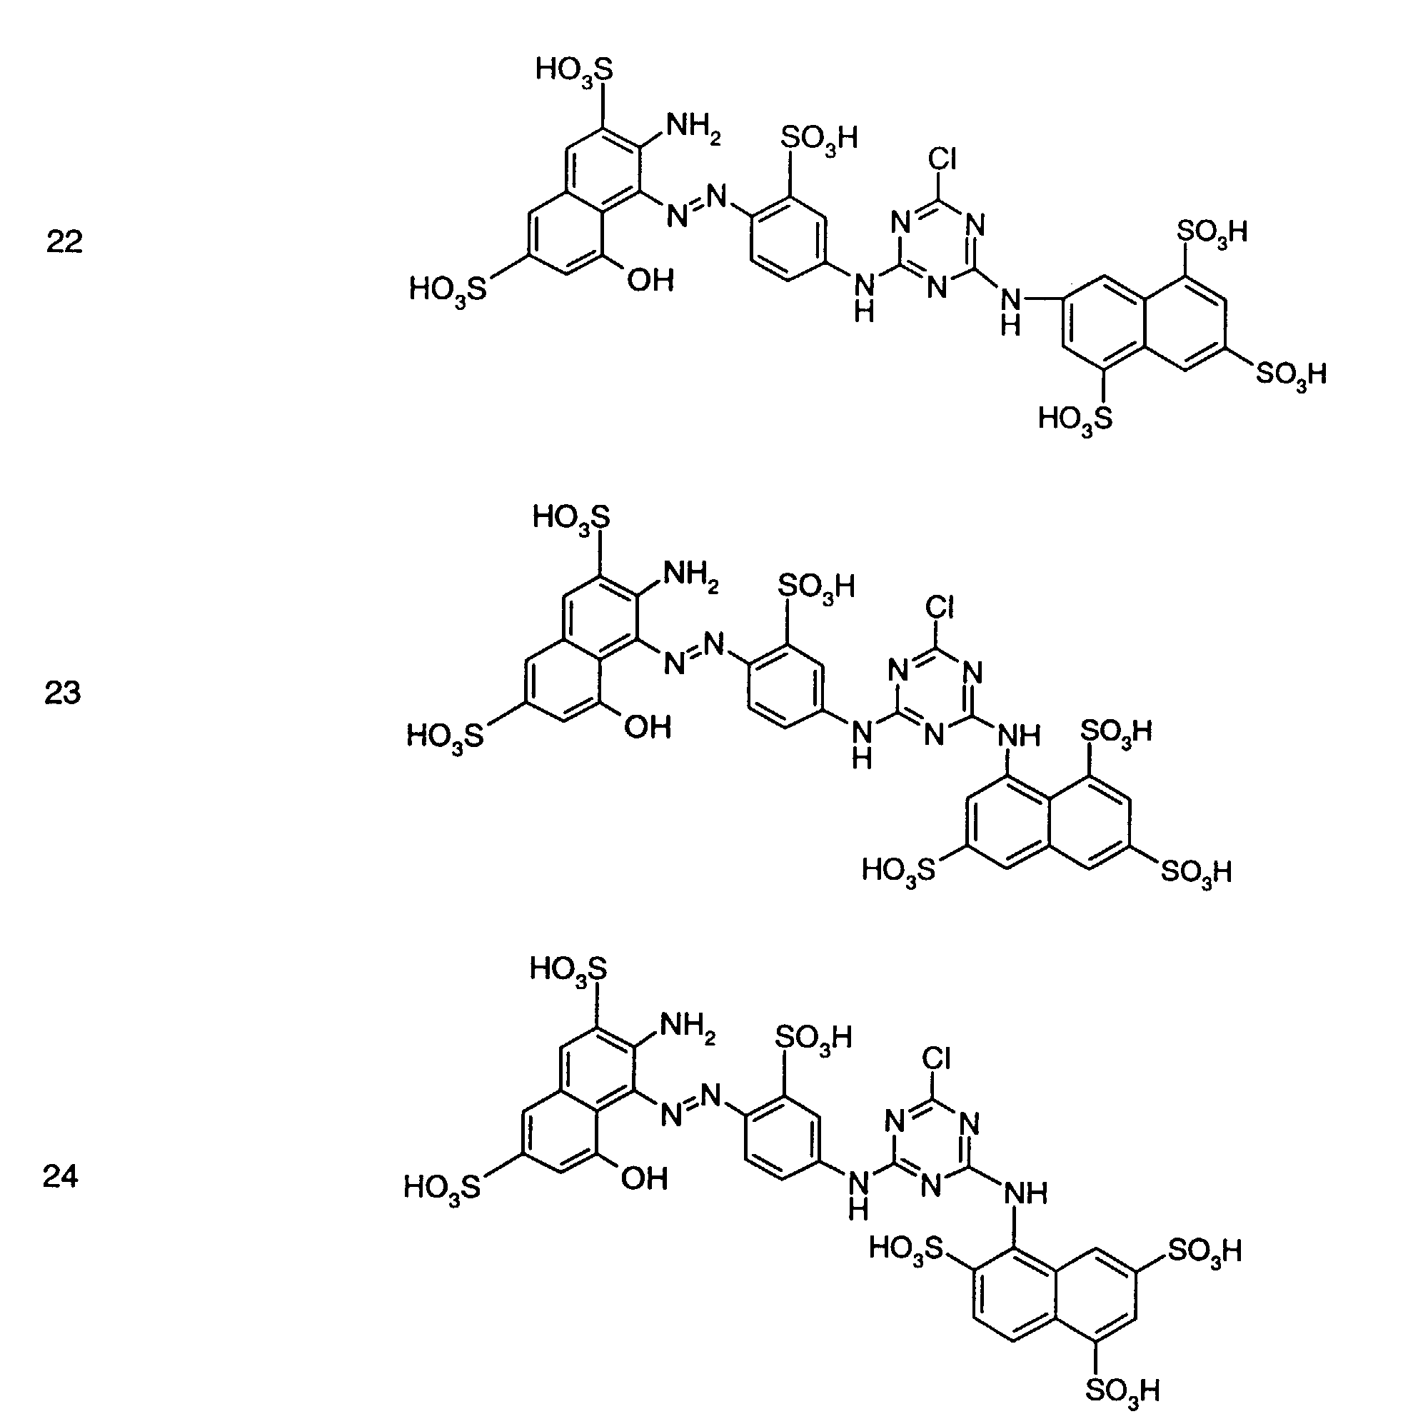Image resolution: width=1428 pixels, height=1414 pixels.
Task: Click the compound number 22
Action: (64, 241)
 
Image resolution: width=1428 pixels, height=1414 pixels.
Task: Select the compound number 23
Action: (63, 693)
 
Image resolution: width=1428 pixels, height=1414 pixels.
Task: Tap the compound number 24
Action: (61, 1176)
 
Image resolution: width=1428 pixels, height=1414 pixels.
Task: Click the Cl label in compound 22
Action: (942, 159)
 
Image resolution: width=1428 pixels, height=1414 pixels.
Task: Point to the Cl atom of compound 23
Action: (940, 608)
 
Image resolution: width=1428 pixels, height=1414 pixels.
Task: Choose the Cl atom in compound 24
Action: (937, 1059)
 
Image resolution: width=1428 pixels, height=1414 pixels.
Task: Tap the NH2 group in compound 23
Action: (690, 576)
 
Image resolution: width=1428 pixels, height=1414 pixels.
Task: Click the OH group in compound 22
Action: (650, 280)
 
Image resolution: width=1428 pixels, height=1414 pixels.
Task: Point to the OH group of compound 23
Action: (648, 728)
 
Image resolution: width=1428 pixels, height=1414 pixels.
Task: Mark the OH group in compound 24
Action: (645, 1179)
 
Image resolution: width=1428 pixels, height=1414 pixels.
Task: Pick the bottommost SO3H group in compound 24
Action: (1122, 1390)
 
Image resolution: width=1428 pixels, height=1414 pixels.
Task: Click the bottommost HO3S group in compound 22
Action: (1075, 420)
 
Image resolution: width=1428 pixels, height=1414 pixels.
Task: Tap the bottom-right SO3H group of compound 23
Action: (1196, 872)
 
